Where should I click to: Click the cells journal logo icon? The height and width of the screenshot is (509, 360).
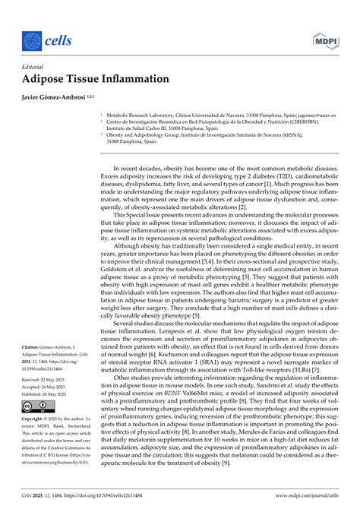click(32, 37)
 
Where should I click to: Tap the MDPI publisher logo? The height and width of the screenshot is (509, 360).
click(321, 38)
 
